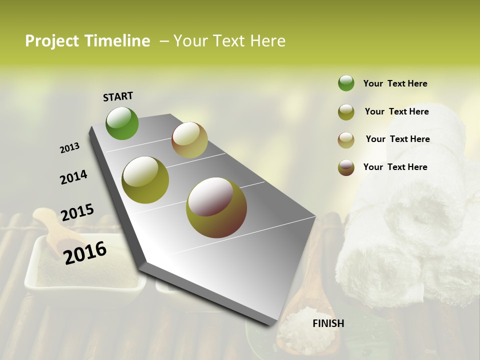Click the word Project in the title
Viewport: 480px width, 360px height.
pos(52,41)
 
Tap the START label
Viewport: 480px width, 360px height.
pos(118,96)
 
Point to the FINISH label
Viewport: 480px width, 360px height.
pos(328,323)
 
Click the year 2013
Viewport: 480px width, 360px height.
pos(69,148)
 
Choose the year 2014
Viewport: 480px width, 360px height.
pos(73,177)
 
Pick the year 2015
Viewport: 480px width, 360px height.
pos(77,212)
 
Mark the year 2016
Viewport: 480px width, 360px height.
pos(85,252)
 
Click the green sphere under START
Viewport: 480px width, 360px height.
pos(122,123)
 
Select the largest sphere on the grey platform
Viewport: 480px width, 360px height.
pos(216,207)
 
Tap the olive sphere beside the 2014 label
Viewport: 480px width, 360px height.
pos(145,180)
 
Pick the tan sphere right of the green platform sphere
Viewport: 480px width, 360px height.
pos(189,140)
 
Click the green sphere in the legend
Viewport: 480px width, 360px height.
pos(346,83)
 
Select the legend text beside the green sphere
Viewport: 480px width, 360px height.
pos(395,83)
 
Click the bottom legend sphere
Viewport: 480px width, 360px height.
pos(346,167)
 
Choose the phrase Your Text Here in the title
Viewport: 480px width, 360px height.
pos(229,41)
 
